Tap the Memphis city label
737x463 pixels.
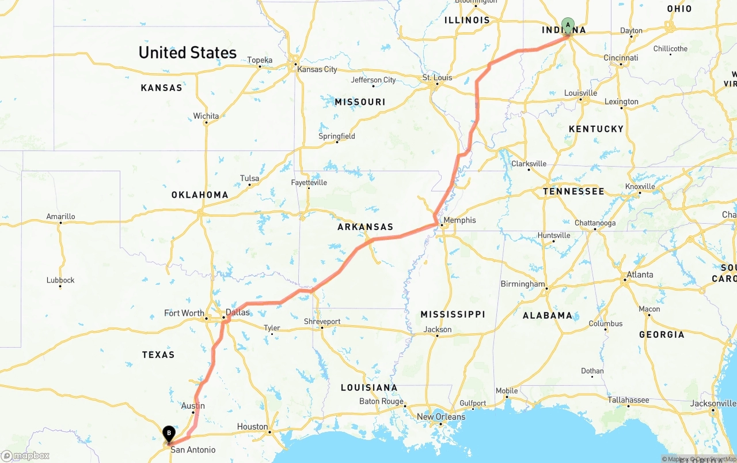[459, 220]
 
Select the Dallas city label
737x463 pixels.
[238, 313]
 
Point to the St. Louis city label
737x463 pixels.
[437, 78]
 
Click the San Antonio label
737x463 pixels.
[193, 450]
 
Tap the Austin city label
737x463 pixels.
[193, 406]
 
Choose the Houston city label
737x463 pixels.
[252, 427]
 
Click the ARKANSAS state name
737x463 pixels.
[365, 227]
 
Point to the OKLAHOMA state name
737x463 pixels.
[200, 195]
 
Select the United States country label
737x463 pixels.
[188, 52]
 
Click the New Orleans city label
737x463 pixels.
[441, 417]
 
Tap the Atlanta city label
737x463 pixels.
[640, 274]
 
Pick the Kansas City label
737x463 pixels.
[317, 69]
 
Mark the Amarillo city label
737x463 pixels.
[60, 217]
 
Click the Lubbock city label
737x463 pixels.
[60, 280]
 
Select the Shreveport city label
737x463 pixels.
[322, 322]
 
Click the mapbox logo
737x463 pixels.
[25, 456]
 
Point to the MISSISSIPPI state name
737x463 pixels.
[453, 314]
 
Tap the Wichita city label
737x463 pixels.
[206, 116]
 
